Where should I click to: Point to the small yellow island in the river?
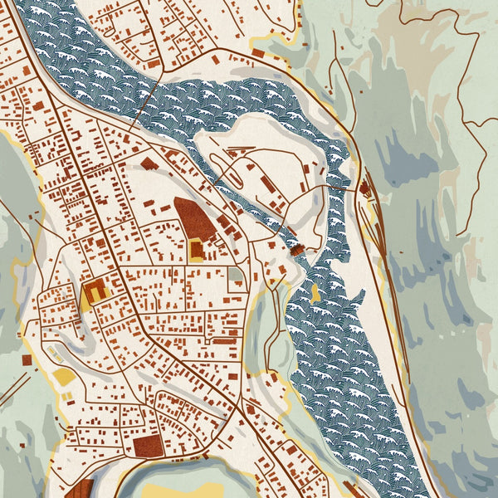point(315,292)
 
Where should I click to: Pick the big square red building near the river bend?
point(149,446)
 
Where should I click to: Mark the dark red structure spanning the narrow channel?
point(297,248)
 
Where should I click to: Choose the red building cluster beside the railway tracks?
point(364,188)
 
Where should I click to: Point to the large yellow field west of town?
point(65,378)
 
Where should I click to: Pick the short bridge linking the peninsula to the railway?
point(339,188)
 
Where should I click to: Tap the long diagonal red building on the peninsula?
point(267,184)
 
